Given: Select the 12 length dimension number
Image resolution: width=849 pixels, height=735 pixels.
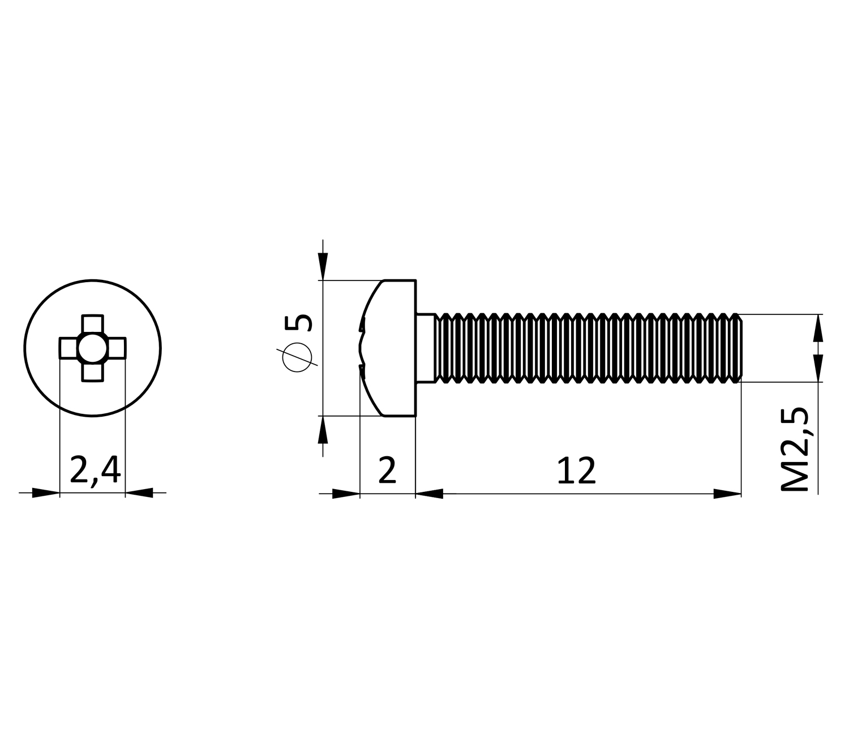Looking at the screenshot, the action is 576,470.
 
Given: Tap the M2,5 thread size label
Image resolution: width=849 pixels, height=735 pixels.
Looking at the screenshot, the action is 795,449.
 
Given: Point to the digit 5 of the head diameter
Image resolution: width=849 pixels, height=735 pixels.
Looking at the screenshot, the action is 299,323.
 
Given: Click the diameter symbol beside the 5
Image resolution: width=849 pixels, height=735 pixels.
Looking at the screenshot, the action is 297,357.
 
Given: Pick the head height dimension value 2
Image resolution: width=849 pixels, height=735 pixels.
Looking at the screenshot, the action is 387,470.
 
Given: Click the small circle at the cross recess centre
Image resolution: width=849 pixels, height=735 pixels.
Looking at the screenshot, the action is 92,348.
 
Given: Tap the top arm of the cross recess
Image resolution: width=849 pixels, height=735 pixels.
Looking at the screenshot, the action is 92,324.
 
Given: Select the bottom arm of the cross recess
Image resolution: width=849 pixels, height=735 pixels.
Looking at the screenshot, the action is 92,372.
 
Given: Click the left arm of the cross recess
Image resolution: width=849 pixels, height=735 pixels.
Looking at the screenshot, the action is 68,348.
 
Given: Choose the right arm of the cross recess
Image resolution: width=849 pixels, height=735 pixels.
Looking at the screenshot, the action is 116,348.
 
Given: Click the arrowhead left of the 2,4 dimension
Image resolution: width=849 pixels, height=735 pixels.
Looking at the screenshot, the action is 46,492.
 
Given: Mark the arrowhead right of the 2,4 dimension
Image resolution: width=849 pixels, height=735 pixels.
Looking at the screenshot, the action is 139,492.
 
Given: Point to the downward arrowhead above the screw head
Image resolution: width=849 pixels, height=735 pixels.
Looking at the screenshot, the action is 323,267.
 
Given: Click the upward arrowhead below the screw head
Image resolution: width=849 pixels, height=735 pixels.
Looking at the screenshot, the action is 323,430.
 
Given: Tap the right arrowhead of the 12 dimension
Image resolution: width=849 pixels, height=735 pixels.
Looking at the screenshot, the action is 727,494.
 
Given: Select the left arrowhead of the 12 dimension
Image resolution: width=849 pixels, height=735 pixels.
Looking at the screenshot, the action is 430,494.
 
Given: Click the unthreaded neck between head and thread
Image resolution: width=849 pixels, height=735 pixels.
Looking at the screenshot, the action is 426,348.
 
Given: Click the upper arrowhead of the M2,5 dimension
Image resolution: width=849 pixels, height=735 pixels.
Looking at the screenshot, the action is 818,328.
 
